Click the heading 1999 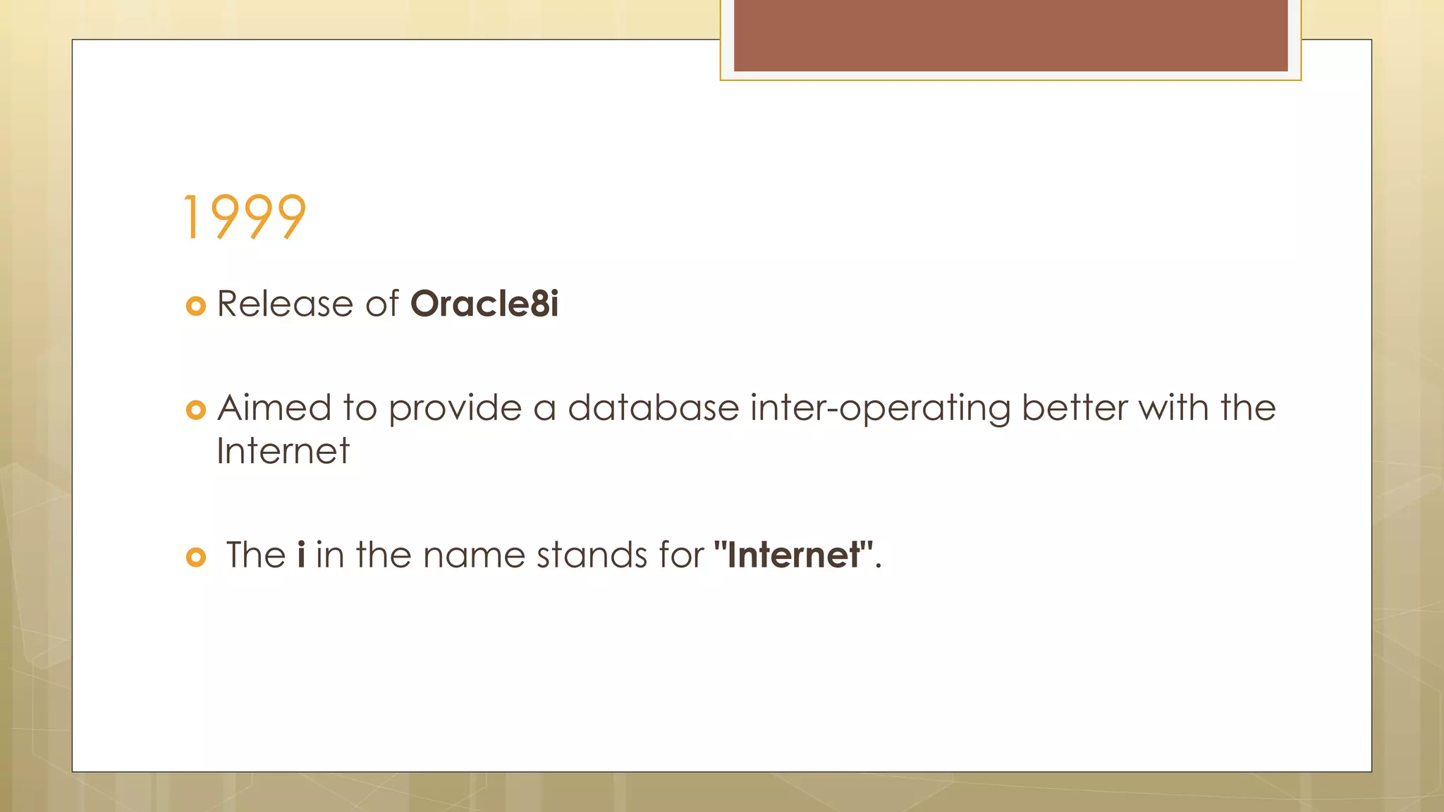tap(244, 217)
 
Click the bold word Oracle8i tap(484, 304)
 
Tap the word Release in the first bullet tap(284, 304)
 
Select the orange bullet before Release tap(195, 306)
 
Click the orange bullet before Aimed tap(195, 410)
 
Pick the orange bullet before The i tap(195, 558)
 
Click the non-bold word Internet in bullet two tap(283, 451)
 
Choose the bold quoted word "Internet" tap(793, 555)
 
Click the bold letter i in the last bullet tap(301, 555)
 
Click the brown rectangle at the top tap(1010, 35)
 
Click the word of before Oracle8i tap(381, 304)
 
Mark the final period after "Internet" tap(879, 566)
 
